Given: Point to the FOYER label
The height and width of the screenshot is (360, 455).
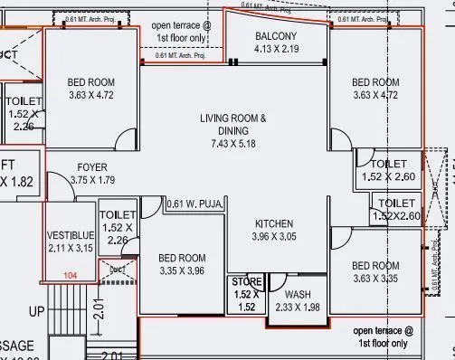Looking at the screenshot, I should click(x=92, y=167).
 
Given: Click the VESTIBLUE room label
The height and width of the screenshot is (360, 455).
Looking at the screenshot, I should click(x=71, y=236).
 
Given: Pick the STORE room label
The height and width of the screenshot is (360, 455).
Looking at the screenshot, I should click(x=243, y=282).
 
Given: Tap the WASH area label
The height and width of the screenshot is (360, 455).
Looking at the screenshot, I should click(x=297, y=295).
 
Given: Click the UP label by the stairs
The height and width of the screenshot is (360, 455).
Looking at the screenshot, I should click(x=38, y=311).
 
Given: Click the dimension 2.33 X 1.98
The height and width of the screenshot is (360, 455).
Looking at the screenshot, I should click(x=297, y=308).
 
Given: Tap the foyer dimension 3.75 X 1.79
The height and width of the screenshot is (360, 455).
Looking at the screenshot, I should click(x=93, y=180).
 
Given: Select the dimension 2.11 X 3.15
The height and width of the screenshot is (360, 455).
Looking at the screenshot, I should click(x=71, y=249).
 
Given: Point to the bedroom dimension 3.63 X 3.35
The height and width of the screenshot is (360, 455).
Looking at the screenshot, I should click(x=375, y=279).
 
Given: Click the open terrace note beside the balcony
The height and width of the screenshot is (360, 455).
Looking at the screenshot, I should click(x=181, y=32).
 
